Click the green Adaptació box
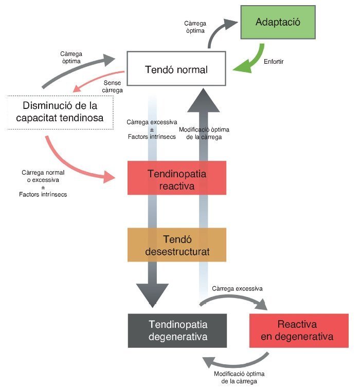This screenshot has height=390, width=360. point(278,22)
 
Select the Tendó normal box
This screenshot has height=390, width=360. point(176,69)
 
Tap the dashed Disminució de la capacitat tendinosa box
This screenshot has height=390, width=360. point(60,113)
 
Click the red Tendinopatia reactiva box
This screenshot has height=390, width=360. point(177,178)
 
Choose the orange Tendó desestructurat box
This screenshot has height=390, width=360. point(177,245)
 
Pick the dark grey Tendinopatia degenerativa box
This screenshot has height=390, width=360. point(177,330)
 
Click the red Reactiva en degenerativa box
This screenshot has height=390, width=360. point(299,330)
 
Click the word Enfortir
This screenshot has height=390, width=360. point(274,62)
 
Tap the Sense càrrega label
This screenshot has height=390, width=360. point(112,86)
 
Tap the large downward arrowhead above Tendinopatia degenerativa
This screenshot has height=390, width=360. point(152,295)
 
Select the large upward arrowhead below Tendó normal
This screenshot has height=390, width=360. point(204,100)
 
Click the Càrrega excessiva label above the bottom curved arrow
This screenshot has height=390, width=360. point(237,289)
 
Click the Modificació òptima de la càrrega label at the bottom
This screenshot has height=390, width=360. point(239,377)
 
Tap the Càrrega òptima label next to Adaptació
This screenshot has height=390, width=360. point(195,27)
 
